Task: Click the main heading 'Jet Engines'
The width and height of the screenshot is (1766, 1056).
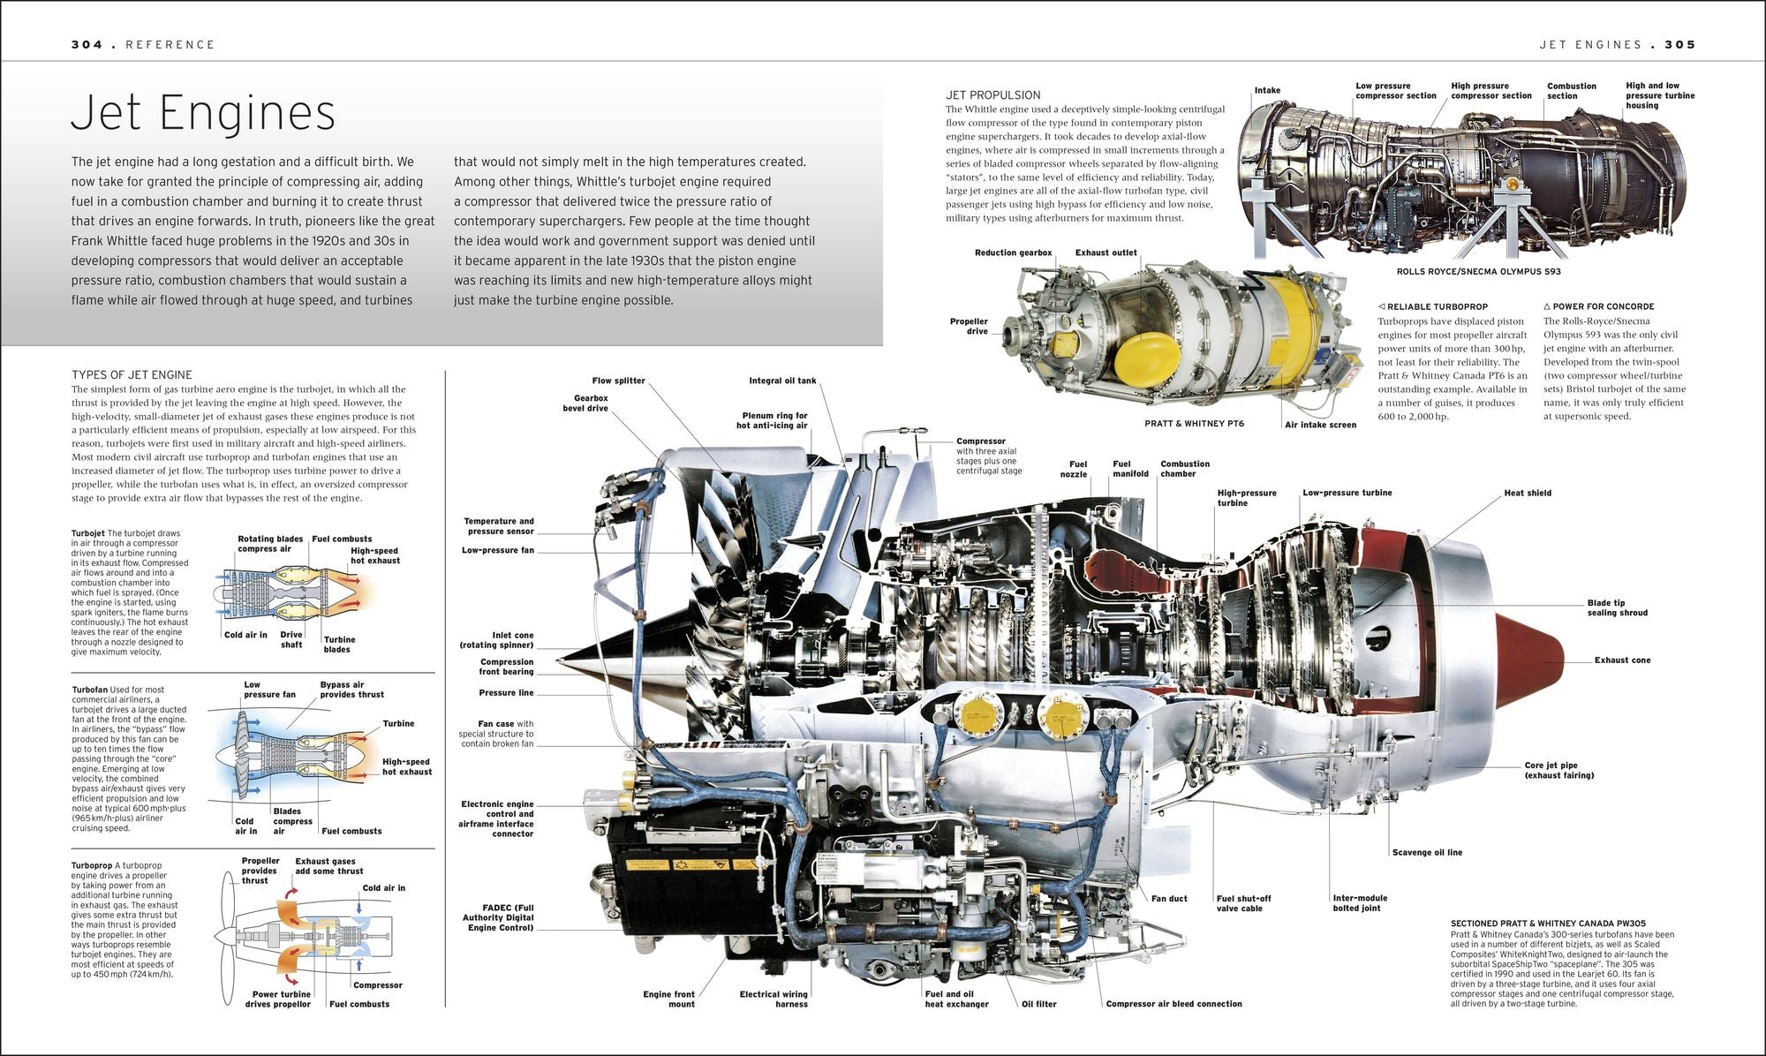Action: tap(203, 113)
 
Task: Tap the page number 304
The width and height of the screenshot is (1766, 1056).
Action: tap(87, 44)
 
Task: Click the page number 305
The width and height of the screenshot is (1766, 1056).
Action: tap(1679, 44)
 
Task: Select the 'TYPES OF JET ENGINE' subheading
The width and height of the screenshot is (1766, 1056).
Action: tap(132, 374)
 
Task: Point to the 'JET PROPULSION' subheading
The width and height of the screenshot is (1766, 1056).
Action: tap(992, 94)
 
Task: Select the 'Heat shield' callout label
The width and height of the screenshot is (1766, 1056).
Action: tap(1527, 493)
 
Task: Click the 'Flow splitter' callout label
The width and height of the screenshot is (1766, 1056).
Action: tap(618, 381)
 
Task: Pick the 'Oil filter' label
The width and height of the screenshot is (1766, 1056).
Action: tap(1038, 1004)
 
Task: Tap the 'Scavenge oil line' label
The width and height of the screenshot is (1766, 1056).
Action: tap(1427, 852)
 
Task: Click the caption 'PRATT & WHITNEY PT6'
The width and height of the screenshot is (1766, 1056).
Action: tap(1194, 424)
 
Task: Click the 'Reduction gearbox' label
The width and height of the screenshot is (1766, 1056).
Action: tap(1013, 253)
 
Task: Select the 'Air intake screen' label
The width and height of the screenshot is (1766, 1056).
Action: tap(1320, 425)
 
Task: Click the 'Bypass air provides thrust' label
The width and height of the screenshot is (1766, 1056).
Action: tap(351, 690)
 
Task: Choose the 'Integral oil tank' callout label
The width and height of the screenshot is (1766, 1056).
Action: tap(782, 381)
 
